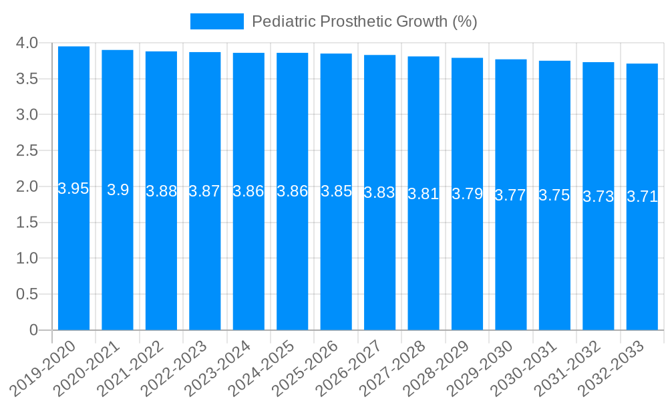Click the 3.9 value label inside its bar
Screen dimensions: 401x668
[x=118, y=190]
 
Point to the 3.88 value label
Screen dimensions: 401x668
[x=161, y=191]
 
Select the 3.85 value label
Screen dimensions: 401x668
[x=336, y=191]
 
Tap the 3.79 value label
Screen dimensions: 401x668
[x=467, y=194]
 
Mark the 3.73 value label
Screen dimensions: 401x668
[x=598, y=196]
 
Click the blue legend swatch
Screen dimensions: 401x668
[x=216, y=21]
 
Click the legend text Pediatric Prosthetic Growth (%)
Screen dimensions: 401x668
[x=364, y=21]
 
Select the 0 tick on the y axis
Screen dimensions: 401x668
[x=33, y=329]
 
